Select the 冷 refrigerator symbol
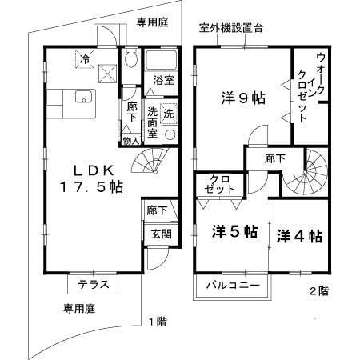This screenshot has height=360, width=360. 85,57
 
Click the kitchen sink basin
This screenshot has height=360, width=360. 83,98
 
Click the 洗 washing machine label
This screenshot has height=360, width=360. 168,112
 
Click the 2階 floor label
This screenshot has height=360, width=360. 318,291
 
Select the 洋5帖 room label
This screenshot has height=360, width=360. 234,232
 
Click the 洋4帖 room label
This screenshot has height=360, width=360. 300,236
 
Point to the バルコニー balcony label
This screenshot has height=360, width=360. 231,285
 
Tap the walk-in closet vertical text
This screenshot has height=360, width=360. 311,88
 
